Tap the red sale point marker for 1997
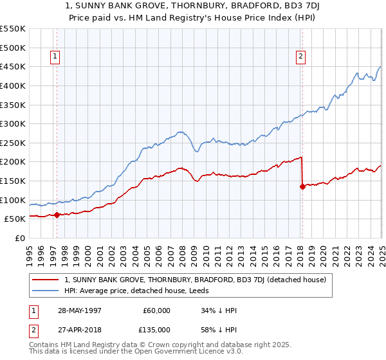(57, 215)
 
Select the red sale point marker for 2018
(302, 186)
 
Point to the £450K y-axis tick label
(13, 66)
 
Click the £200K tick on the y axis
(13, 162)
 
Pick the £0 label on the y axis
(21, 239)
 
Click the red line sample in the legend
(46, 280)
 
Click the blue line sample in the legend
(46, 291)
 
